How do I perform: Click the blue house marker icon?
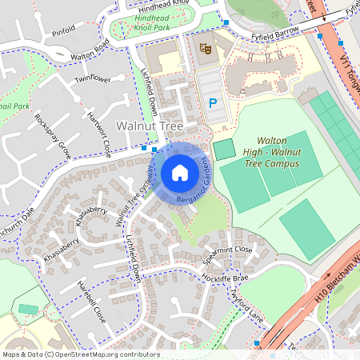[180, 172]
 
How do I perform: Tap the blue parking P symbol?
[212, 102]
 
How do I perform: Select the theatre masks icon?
[206, 48]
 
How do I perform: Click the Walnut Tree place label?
[150, 126]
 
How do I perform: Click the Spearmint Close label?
[227, 254]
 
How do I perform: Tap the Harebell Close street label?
[90, 301]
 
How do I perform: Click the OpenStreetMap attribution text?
[80, 354]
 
